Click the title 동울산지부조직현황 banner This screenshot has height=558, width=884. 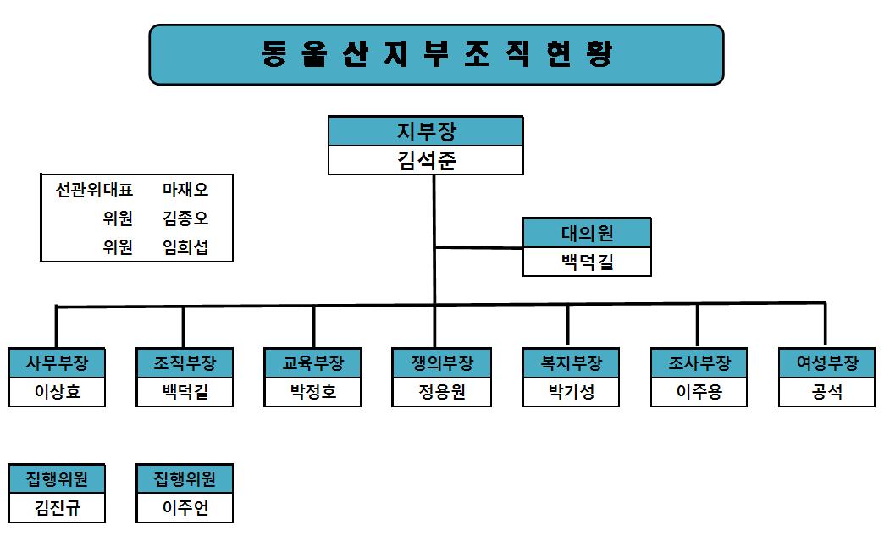tap(436, 54)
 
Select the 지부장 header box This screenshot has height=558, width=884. tap(425, 131)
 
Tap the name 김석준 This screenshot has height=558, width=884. tap(425, 160)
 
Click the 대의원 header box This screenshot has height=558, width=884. tap(587, 233)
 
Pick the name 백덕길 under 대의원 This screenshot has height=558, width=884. tap(587, 262)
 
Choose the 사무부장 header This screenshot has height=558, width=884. tap(57, 363)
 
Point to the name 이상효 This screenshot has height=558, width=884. tap(57, 392)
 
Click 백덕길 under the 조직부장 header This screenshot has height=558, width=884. tap(185, 392)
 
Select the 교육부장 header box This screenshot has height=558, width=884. tap(312, 363)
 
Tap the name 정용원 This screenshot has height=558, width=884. tap(441, 392)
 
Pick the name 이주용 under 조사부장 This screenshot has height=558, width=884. tap(699, 392)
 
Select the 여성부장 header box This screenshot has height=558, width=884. tap(826, 363)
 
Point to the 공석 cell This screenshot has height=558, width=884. tap(826, 392)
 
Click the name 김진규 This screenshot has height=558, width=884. tap(57, 508)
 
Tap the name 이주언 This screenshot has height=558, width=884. tap(185, 508)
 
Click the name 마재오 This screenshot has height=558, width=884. tap(185, 191)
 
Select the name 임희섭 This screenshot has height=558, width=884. tap(185, 247)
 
